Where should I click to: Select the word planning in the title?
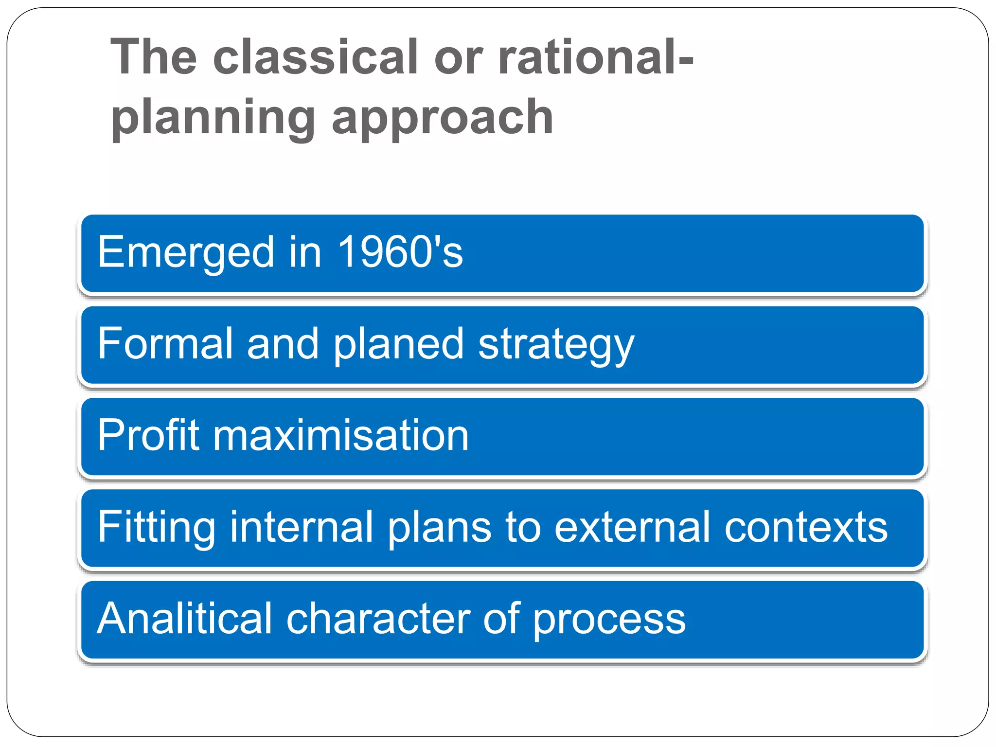point(213,118)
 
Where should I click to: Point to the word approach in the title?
point(443,118)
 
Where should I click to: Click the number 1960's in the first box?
point(400,252)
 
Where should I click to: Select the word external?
point(632,527)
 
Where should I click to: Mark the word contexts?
point(806,527)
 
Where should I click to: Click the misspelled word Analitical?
point(185,619)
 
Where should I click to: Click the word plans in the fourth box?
point(439,528)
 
